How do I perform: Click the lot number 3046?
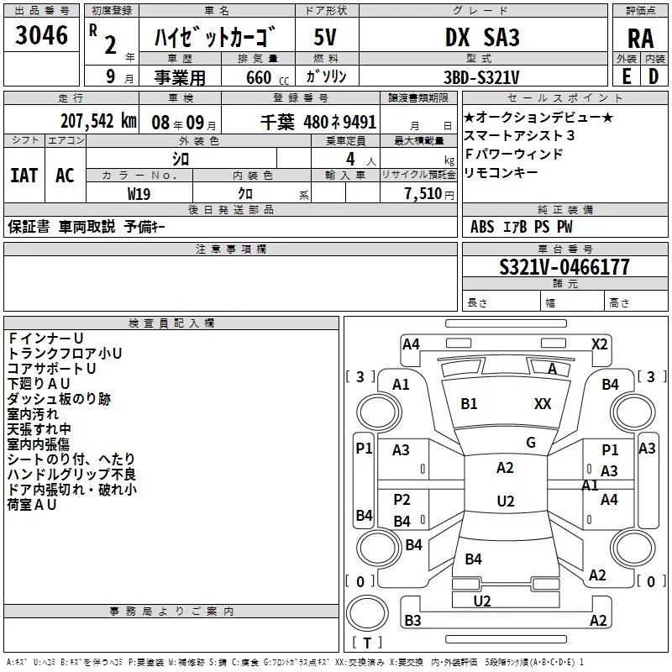coord(41,37)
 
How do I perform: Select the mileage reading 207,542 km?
coord(98,119)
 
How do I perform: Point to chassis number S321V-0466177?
coord(564,268)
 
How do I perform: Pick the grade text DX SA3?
coord(482,37)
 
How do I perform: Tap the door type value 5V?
coord(328,37)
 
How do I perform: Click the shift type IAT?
coord(24,176)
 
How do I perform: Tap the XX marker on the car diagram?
coord(543,404)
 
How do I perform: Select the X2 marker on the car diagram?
coord(599,344)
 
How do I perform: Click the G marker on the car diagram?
coord(530,443)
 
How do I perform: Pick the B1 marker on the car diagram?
coord(469,404)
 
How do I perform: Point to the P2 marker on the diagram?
coord(402,500)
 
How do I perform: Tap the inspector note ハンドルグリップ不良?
coord(71,475)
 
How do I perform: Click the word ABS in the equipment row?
coord(482,227)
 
